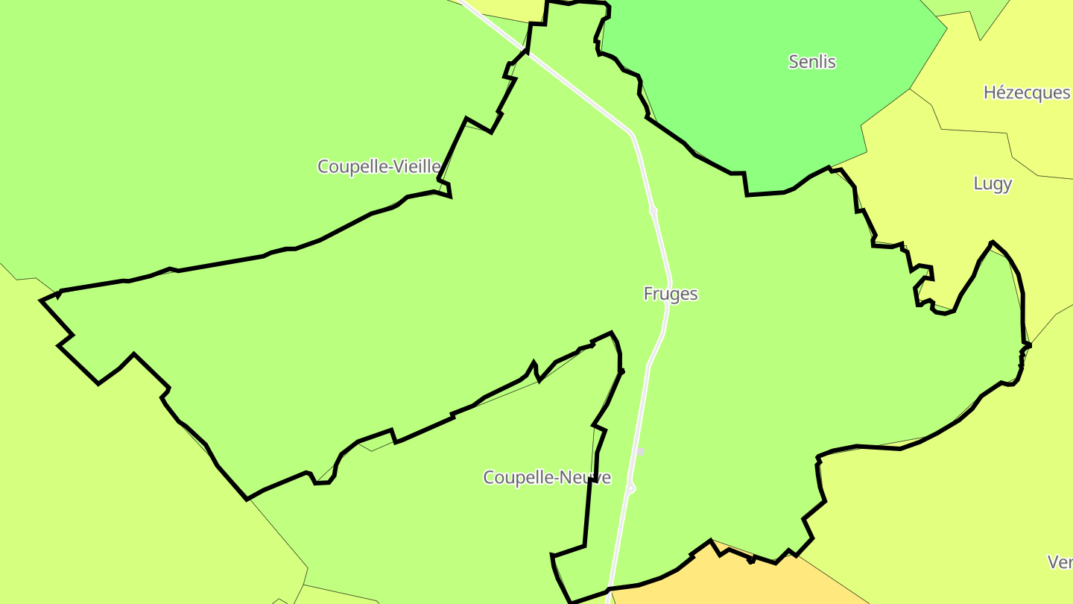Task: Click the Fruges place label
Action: click(671, 294)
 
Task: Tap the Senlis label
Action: click(812, 62)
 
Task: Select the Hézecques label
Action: click(1027, 92)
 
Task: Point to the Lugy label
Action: click(993, 183)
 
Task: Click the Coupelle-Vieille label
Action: click(379, 166)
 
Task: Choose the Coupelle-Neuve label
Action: click(547, 477)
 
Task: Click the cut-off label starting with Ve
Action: click(1060, 561)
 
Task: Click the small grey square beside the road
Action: click(639, 452)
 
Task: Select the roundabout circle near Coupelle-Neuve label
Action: click(631, 488)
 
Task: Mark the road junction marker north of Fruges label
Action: click(653, 211)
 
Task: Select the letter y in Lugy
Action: click(1007, 185)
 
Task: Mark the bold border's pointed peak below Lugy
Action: click(992, 242)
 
